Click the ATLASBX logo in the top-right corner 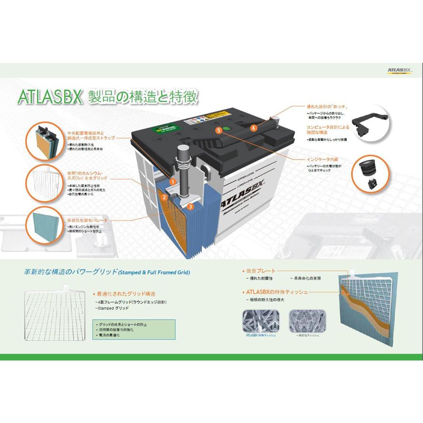pos(399,71)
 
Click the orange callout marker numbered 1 pos(173,181)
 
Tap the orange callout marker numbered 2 pos(164,197)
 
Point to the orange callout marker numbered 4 pos(254,127)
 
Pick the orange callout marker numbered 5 pos(218,130)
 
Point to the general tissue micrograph pos(306,321)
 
